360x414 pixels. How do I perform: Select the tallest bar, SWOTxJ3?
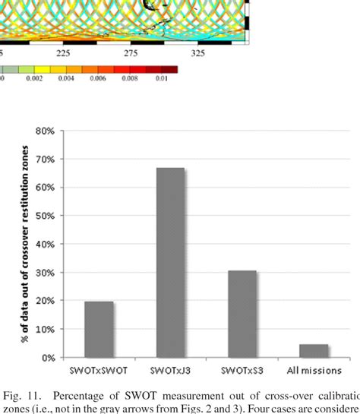pyautogui.click(x=170, y=262)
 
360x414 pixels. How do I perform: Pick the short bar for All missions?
pyautogui.click(x=314, y=350)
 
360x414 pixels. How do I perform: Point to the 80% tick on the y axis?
pyautogui.click(x=45, y=131)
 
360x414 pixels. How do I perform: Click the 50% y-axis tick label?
pyautogui.click(x=45, y=216)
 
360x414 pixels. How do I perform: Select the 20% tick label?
pyautogui.click(x=45, y=301)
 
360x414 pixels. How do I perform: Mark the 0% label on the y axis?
pyautogui.click(x=47, y=358)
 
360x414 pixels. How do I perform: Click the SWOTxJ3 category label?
pyautogui.click(x=170, y=370)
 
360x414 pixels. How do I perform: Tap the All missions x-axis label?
pyautogui.click(x=314, y=370)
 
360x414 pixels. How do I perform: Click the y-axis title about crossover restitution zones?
pyautogui.click(x=25, y=243)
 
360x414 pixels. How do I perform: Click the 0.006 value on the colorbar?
pyautogui.click(x=101, y=77)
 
